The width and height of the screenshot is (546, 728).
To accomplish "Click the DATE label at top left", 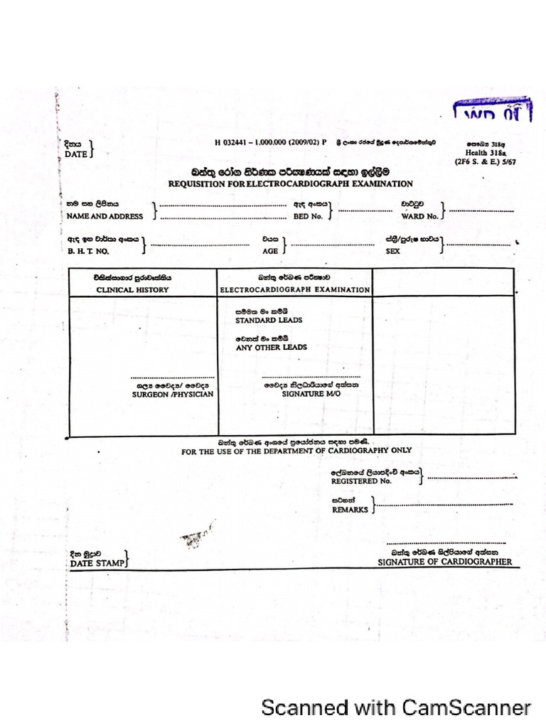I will (x=75, y=154).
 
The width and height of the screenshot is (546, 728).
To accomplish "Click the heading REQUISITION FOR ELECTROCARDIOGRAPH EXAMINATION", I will (x=290, y=183).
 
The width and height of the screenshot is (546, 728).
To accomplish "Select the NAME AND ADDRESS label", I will (x=105, y=216).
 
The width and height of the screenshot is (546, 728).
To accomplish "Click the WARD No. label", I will (x=419, y=216).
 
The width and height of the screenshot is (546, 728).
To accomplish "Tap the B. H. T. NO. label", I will (x=87, y=251).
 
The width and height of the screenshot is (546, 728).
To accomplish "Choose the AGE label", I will (x=270, y=251).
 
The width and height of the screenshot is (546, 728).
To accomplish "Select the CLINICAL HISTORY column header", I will (x=132, y=290).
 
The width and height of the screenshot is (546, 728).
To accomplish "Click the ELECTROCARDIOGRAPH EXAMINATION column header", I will (x=294, y=290).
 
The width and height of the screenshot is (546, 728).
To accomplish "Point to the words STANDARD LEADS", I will (x=269, y=321).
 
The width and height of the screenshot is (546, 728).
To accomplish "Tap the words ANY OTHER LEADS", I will (x=272, y=348).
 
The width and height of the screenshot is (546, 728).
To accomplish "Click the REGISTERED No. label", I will (x=361, y=481).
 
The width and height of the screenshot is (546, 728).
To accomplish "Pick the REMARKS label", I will (x=350, y=510).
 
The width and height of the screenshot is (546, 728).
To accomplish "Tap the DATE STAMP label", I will (x=97, y=563).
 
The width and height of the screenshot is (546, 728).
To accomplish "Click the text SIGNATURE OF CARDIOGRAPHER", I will (x=444, y=562).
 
